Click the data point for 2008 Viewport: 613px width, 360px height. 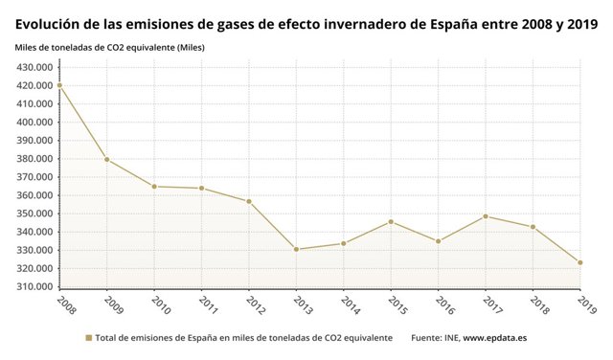[x=59, y=85]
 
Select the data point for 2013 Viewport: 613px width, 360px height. [x=296, y=249]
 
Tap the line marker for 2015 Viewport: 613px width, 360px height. [x=391, y=222]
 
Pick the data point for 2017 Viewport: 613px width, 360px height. [x=486, y=216]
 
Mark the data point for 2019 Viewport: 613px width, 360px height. [x=580, y=262]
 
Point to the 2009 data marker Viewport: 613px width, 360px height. [x=106, y=159]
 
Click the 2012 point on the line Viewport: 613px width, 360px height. [x=249, y=201]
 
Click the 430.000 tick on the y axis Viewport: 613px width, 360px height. [x=34, y=67]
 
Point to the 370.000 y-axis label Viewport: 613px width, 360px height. [x=34, y=177]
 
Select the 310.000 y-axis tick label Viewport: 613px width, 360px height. [x=34, y=287]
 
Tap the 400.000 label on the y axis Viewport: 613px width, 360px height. [x=34, y=123]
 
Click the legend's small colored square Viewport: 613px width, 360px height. [x=88, y=338]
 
